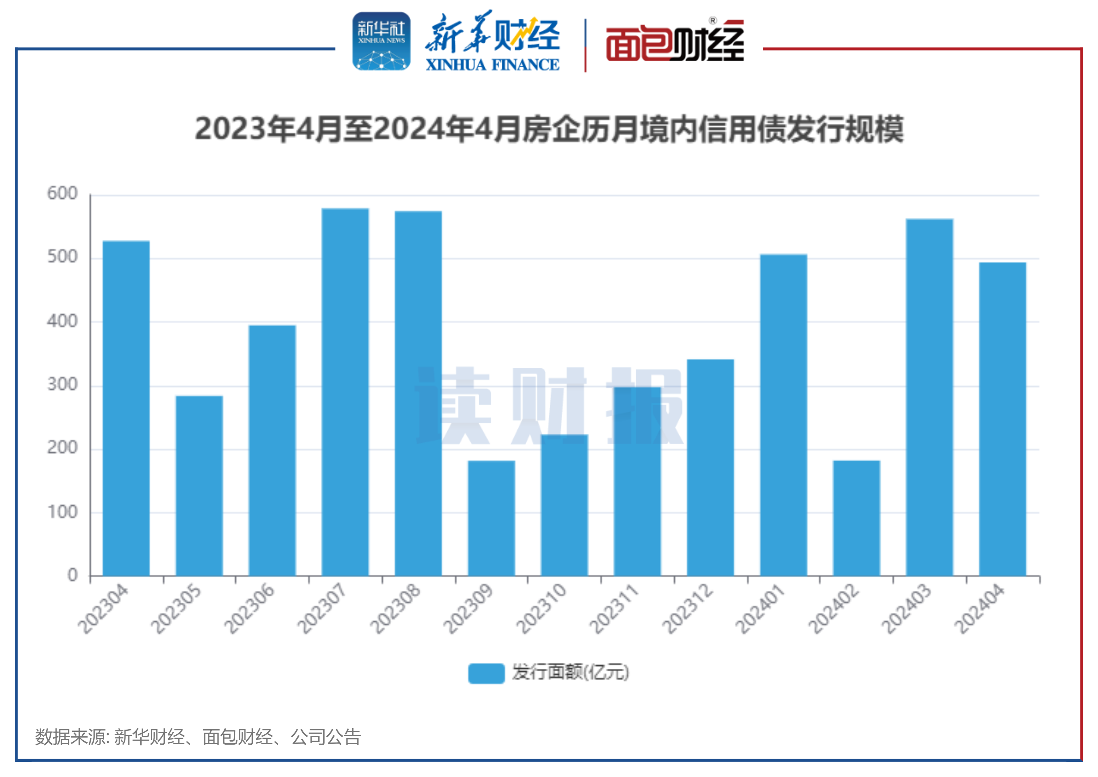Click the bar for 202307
pos(345,392)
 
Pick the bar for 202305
pos(199,485)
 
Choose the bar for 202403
pos(929,397)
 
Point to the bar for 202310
pos(564,505)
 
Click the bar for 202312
pos(710,467)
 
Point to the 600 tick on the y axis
pos(62,194)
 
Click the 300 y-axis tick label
pos(62,385)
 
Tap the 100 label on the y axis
pos(62,512)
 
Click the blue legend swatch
pos(486,673)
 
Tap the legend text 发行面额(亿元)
pos(570,672)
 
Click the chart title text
pos(549,129)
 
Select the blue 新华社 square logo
pos(381,41)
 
